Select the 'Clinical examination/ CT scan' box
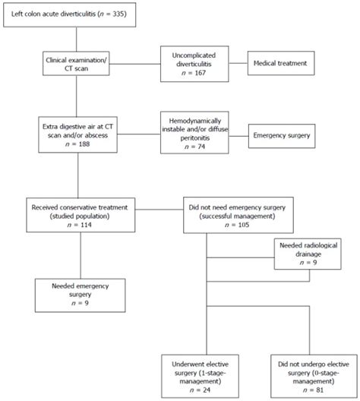(77, 62)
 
